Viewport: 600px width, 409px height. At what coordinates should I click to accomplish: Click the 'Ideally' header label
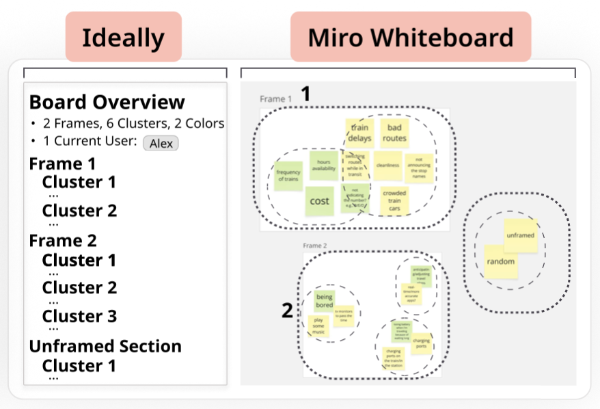[123, 37]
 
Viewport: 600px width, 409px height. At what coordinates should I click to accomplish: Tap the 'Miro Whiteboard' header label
[410, 37]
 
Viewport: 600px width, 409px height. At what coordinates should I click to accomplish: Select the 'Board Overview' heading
[107, 102]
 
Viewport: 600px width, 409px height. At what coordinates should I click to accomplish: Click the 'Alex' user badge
[161, 143]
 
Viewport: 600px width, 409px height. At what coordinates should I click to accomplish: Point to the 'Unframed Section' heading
[105, 346]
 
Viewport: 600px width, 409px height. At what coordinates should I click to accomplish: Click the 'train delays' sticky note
[360, 133]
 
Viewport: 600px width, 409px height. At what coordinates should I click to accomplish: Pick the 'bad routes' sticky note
[394, 133]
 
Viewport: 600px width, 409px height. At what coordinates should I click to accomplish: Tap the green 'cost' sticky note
[319, 201]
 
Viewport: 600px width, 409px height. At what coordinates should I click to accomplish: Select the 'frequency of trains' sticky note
[288, 175]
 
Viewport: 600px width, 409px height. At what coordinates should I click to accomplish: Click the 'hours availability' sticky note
[324, 166]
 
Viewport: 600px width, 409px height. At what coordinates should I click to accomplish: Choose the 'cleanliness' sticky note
[387, 166]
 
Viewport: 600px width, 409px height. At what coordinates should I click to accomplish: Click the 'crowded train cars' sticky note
[394, 200]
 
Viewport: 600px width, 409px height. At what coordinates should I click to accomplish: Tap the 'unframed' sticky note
[521, 235]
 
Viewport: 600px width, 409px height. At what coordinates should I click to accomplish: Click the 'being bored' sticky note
[325, 301]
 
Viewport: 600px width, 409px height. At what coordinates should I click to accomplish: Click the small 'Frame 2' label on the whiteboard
[315, 246]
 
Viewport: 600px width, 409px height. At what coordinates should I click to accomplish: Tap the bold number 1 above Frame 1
[305, 94]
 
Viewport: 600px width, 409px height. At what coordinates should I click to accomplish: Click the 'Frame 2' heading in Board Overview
[63, 241]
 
